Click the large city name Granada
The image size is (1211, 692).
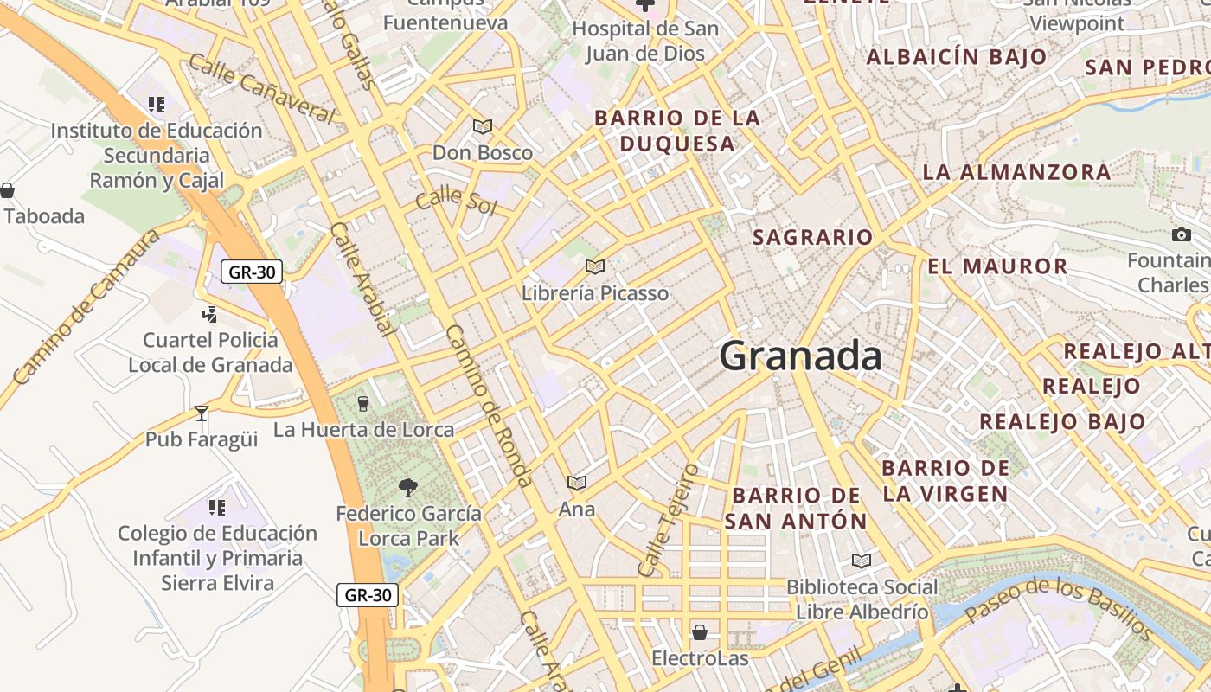coord(800,356)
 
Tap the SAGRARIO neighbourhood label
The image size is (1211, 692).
coord(812,237)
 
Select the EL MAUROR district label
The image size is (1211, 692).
coord(997,266)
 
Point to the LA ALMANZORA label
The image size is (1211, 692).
coord(1016,171)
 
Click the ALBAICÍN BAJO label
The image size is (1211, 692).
coord(956,58)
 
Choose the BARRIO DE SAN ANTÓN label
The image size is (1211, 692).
coord(796,509)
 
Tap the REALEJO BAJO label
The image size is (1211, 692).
coord(1062,422)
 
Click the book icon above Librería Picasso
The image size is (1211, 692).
coord(594,266)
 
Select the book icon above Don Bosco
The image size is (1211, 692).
coord(483,127)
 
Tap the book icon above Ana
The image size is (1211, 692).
coord(577,483)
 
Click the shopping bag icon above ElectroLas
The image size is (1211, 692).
coord(700,632)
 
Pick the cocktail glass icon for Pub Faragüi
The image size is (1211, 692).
coord(202,413)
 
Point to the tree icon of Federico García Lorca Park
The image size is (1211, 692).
coord(408,488)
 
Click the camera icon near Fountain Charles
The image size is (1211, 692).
coord(1181,234)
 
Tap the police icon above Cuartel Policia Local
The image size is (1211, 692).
coord(209,314)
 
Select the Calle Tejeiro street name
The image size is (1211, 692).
coord(667,520)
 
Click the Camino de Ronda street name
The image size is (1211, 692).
coord(488,406)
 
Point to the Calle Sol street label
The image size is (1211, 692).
coord(457,202)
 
